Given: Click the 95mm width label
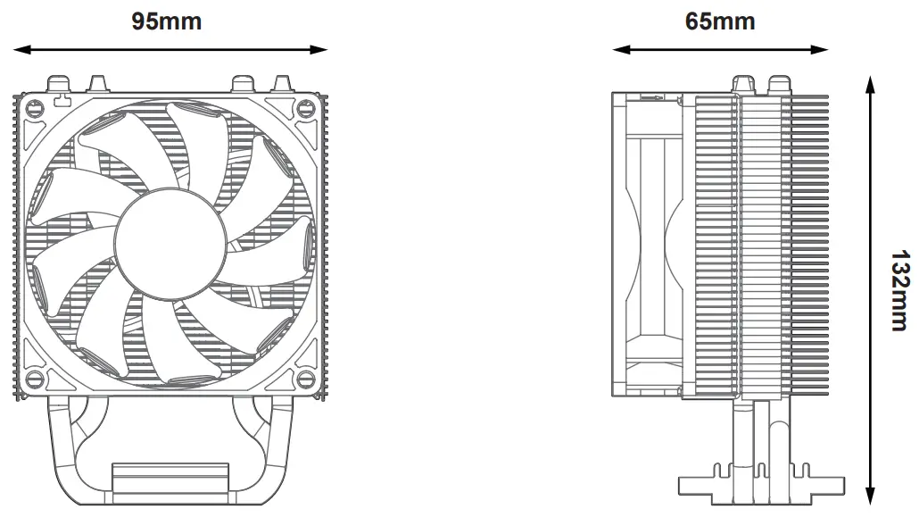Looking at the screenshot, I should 167,21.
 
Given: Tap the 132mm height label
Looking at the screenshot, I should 900,290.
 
